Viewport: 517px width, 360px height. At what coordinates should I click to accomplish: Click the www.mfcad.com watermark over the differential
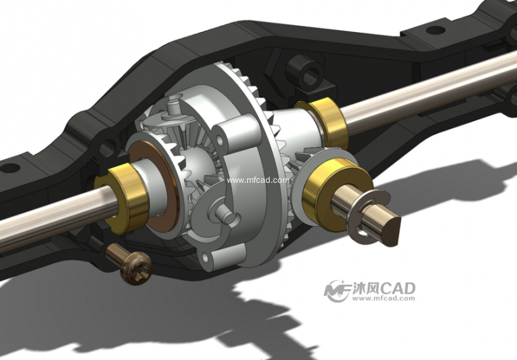(x=258, y=180)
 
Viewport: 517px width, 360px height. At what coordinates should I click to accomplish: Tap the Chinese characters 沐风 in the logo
(x=366, y=289)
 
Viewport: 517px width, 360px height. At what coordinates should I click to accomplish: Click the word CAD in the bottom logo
(x=398, y=289)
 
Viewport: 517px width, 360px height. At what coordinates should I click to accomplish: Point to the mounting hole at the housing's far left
(x=9, y=168)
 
